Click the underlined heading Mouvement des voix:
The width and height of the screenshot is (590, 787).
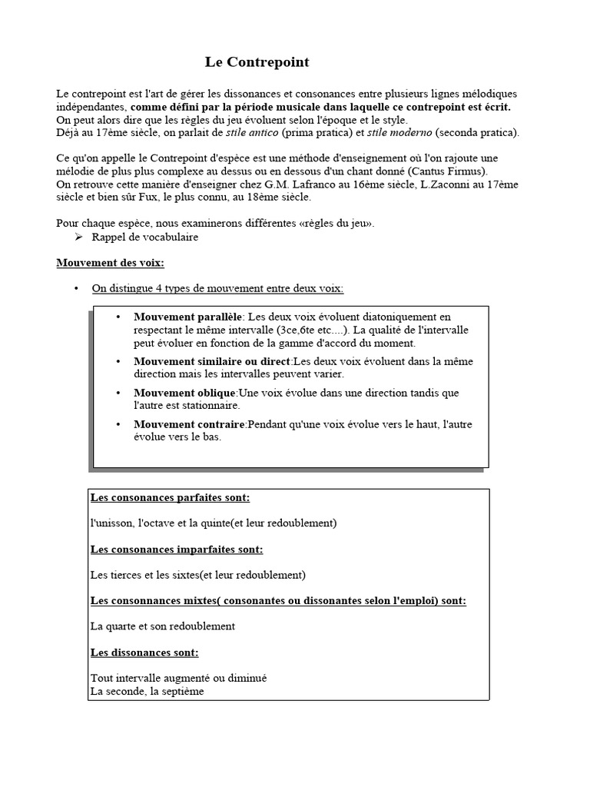point(111,263)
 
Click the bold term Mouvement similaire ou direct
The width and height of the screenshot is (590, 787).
point(212,361)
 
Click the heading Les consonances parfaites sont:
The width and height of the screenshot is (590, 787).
point(170,498)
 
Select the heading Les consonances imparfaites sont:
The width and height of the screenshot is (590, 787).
point(176,550)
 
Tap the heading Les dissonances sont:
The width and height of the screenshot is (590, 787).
point(144,653)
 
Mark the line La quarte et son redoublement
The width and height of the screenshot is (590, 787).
point(162,626)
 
